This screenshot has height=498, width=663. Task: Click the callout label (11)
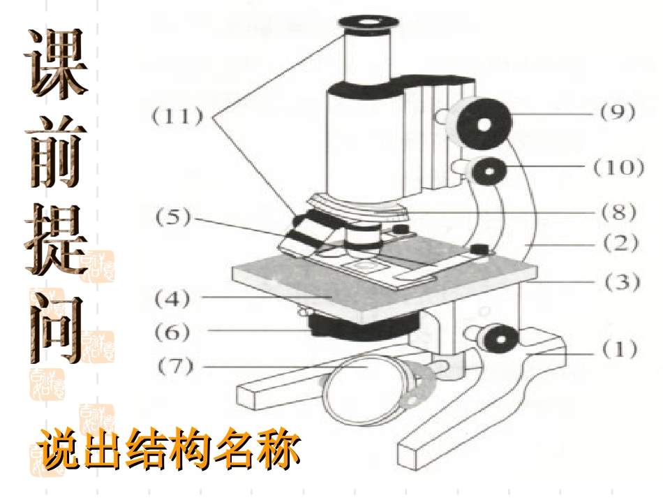coord(177,115)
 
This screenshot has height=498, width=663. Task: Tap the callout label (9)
coord(618,112)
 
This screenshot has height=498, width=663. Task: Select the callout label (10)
coord(618,167)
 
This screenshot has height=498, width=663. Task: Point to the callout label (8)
coord(619,212)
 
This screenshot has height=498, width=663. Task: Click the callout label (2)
coord(620,243)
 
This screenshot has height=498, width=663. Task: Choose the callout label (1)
coord(620,349)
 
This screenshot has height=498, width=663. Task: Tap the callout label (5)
coord(173,217)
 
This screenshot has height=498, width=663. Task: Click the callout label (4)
coord(172,299)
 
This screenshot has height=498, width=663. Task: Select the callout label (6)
coord(172,332)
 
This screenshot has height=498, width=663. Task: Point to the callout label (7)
coord(175,367)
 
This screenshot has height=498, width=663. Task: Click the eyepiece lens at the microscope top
coord(368,22)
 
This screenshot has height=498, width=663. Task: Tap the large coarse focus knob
coord(484,124)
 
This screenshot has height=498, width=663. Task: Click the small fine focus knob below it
coord(489,171)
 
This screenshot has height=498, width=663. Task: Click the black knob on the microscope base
coord(500,338)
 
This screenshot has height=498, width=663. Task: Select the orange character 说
coord(58,449)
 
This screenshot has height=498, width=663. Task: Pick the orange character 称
coord(279,449)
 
